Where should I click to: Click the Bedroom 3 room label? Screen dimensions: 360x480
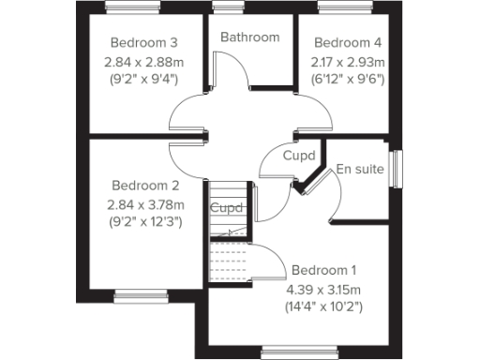pos(144,43)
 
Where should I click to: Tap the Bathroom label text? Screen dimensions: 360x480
pos(250,37)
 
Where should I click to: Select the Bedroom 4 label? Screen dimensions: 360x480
pos(348,43)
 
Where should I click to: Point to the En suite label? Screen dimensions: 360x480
pos(361,170)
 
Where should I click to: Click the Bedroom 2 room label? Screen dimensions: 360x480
pos(144,185)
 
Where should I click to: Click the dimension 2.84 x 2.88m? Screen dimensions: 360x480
pos(144,62)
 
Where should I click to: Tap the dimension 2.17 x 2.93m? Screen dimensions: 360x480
pos(348,62)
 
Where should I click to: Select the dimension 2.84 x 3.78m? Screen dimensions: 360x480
pos(144,204)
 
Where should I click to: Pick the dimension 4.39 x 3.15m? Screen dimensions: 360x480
pos(324,287)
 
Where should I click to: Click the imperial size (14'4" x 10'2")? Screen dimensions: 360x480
pos(324,306)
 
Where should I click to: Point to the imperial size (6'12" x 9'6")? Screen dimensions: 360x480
pos(348,81)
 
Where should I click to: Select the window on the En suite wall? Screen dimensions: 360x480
pos(396,172)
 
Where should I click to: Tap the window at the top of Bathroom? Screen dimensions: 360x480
pos(227,8)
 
